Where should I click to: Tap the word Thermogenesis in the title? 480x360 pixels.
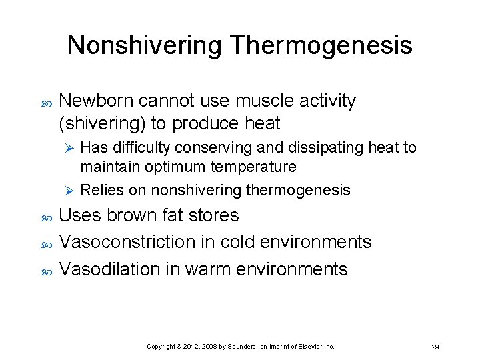tap(321, 45)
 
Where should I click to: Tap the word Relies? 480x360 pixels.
tap(102, 190)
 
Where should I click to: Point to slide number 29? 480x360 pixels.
tap(435, 347)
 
